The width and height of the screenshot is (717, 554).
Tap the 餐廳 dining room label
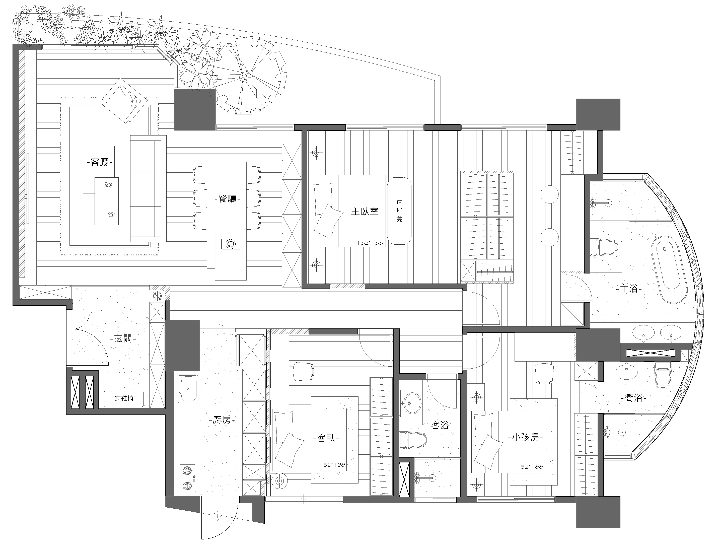click(227, 199)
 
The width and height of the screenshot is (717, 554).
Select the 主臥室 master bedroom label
click(365, 212)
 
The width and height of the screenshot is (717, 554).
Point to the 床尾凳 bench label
click(399, 211)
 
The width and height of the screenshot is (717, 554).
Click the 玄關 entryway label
click(123, 338)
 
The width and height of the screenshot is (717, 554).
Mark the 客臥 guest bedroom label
click(326, 438)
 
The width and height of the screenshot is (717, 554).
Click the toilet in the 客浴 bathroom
click(413, 440)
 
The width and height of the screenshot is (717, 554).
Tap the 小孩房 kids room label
click(526, 437)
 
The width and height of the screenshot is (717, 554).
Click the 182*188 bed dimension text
click(370, 243)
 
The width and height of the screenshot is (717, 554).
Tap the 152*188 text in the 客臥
click(332, 465)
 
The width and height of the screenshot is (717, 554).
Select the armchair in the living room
click(125, 101)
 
